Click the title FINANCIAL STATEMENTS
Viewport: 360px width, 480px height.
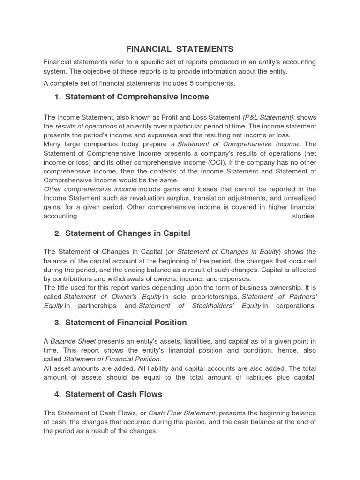click(x=180, y=49)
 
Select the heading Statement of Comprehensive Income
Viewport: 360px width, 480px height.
click(x=137, y=97)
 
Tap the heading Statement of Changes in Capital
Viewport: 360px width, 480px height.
click(x=127, y=233)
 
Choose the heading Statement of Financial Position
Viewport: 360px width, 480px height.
click(x=126, y=322)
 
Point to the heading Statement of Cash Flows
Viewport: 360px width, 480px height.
click(x=113, y=395)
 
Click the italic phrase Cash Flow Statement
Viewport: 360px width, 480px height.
click(x=182, y=413)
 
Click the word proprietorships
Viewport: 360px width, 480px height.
click(x=212, y=297)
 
